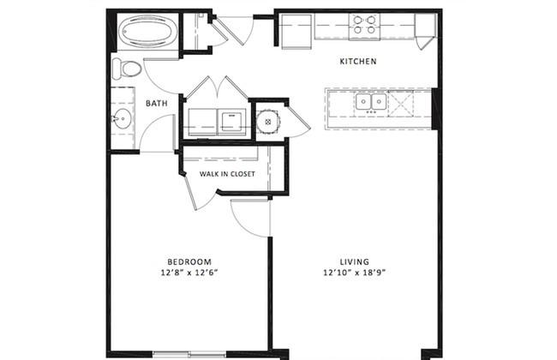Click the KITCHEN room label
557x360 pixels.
pos(357,61)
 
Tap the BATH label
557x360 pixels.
pos(157,104)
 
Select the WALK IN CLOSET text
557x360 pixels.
pos(227,174)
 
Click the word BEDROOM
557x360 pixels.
pos(189,262)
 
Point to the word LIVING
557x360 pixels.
pos(355,262)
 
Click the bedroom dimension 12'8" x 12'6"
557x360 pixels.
pos(189,273)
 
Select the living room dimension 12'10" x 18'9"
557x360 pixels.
pos(355,273)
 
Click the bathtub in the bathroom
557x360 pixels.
pos(147,31)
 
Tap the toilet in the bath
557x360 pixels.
pos(127,69)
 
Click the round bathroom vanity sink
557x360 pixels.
pos(123,118)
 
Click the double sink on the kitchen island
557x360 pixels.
pos(371,102)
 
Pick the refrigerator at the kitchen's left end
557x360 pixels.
pos(296,31)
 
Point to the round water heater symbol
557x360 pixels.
pos(268,122)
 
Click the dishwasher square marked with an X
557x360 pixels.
pos(401,104)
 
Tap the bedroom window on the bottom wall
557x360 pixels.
pos(189,354)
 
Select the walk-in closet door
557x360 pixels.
pos(191,192)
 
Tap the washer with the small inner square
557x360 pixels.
pos(231,122)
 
